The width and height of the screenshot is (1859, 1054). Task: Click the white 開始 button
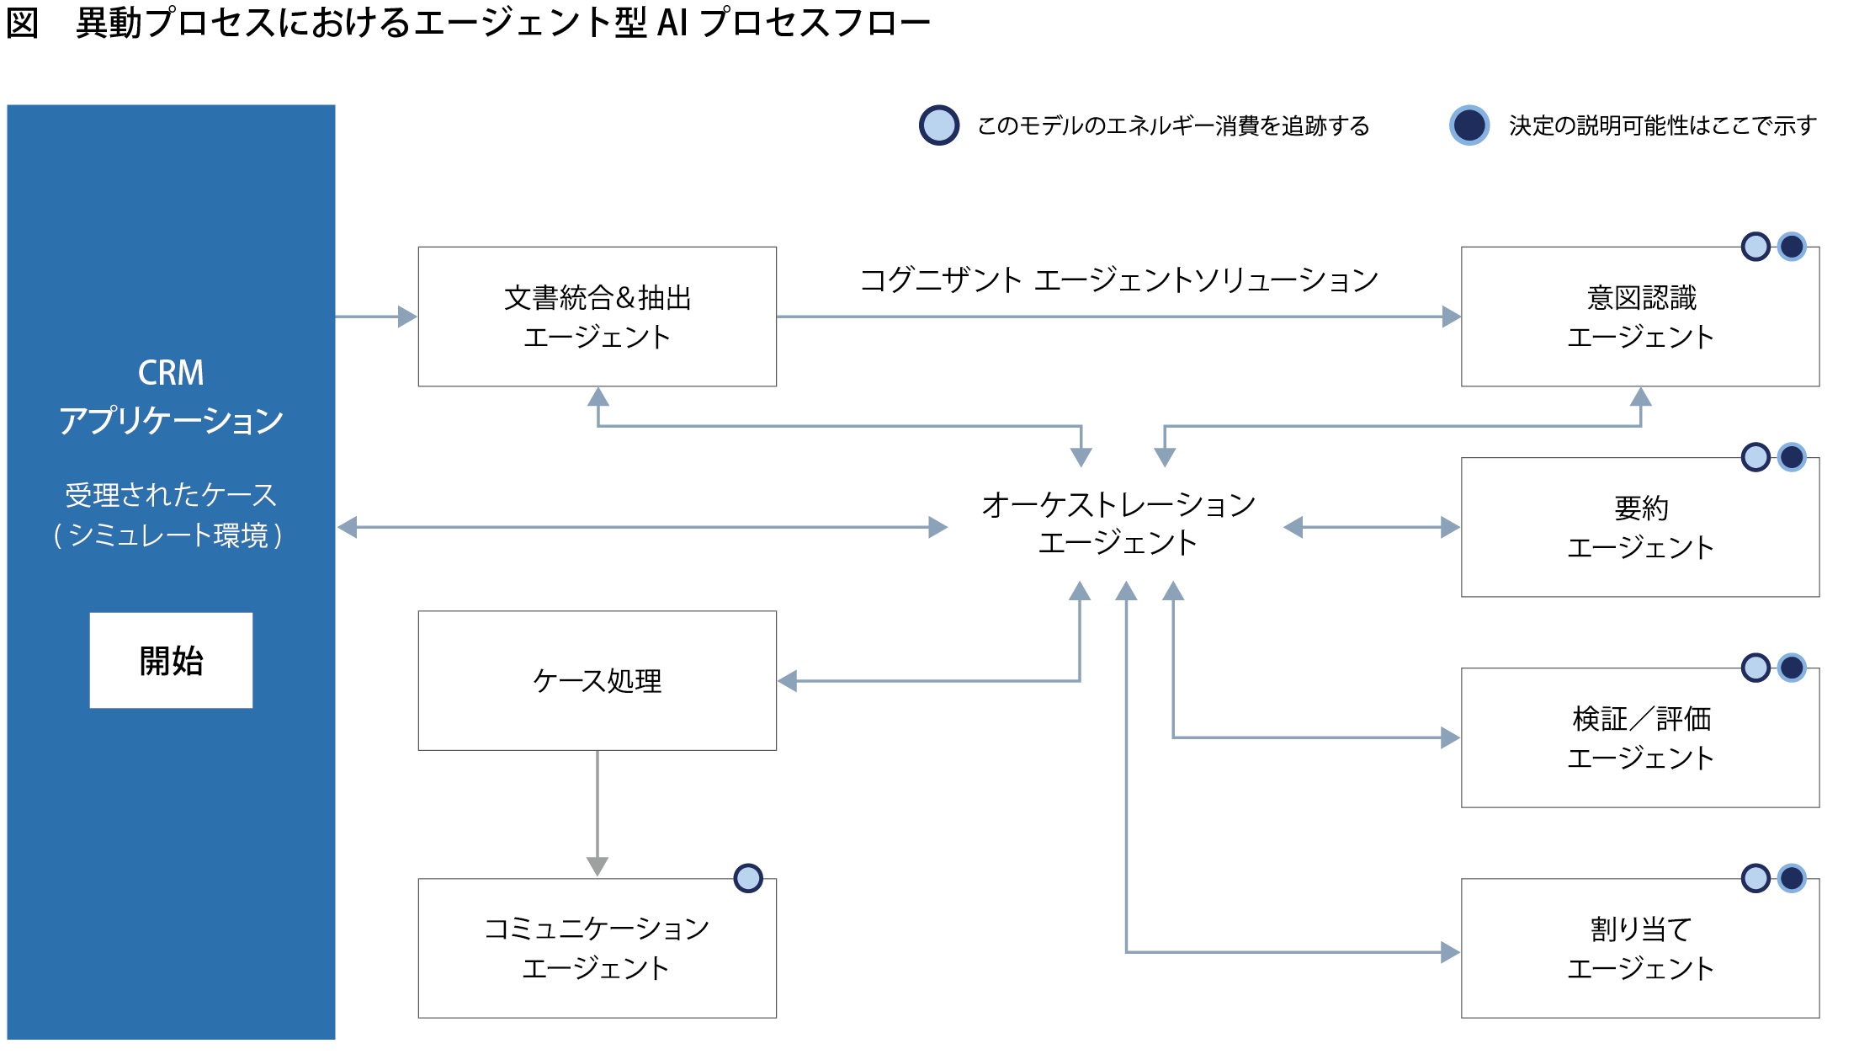[x=171, y=660]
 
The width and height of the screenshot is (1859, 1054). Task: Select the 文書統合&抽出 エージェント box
[x=597, y=317]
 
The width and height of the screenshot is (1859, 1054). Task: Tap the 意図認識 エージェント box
[x=1639, y=317]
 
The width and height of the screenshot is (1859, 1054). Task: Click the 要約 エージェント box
[x=1639, y=527]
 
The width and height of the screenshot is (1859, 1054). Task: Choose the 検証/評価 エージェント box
[x=1639, y=737]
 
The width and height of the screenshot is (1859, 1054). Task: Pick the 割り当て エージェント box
[x=1639, y=948]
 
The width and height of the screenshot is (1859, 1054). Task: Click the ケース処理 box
[x=597, y=680]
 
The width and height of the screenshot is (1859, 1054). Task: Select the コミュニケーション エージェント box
[x=597, y=948]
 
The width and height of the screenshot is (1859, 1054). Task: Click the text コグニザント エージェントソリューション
[x=1118, y=279]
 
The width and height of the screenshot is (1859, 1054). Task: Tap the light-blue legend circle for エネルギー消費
[x=939, y=125]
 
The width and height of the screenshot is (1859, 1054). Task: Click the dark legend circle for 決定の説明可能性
[x=1469, y=125]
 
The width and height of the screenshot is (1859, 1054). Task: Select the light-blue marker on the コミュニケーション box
[x=748, y=878]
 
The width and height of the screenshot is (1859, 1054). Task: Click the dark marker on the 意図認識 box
[x=1792, y=247]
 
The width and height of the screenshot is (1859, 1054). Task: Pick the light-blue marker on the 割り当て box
[x=1755, y=878]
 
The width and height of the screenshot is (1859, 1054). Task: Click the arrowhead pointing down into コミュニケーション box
[x=597, y=866]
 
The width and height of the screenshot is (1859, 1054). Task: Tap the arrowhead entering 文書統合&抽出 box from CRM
[x=407, y=317]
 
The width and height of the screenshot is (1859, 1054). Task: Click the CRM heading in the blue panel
[x=171, y=373]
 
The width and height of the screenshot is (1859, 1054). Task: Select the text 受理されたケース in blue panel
[x=171, y=495]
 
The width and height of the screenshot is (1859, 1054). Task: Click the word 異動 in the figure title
[x=109, y=23]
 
